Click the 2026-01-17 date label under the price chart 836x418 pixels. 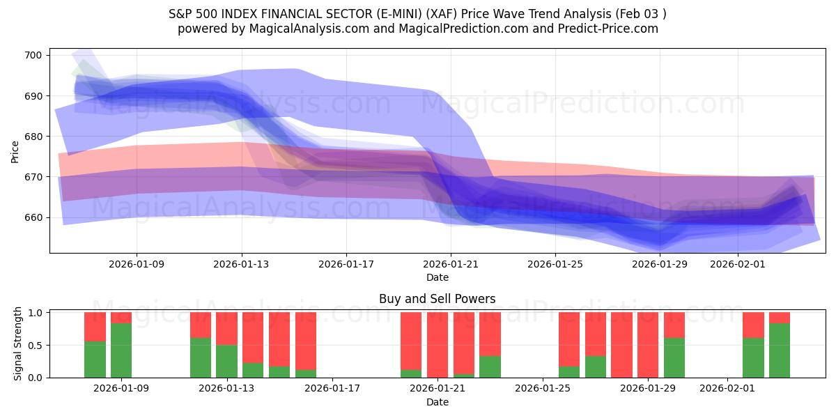coord(346,265)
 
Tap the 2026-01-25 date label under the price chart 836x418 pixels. coord(555,265)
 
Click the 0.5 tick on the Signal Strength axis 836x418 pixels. coord(36,345)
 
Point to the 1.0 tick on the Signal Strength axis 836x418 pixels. coord(36,313)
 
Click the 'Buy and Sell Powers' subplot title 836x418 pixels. coord(437,299)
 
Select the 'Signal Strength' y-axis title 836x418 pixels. coord(17,345)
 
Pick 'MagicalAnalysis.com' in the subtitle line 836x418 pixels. coord(311,29)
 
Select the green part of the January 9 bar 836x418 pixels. coord(121,350)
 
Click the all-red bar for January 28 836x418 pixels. coord(621,345)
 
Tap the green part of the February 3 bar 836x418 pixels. coord(780,350)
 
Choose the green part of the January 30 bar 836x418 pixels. coord(674,357)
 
